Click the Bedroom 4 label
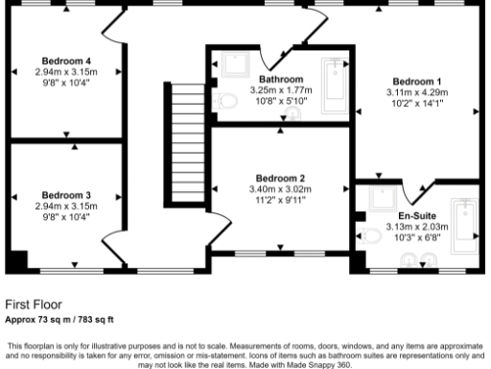click(x=66, y=61)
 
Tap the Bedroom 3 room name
click(x=66, y=194)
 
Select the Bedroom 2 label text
click(x=280, y=178)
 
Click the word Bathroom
click(x=281, y=79)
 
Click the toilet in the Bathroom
click(x=227, y=100)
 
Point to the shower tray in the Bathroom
click(x=233, y=65)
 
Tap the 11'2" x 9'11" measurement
click(x=280, y=201)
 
